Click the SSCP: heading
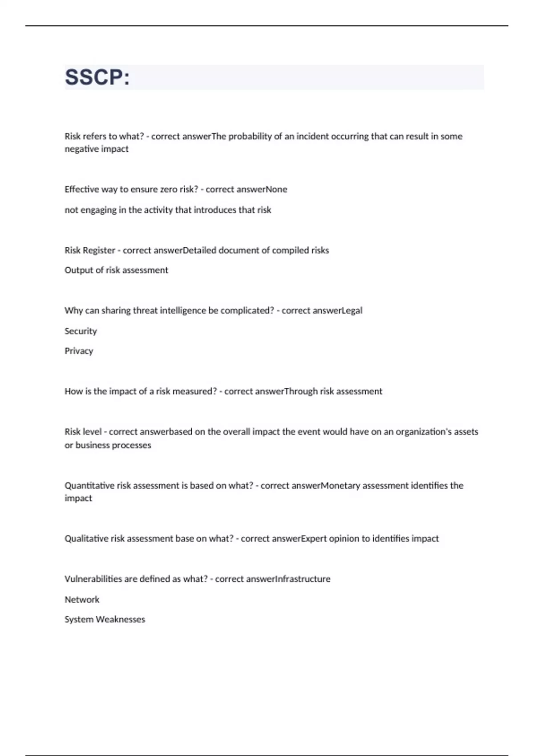[97, 77]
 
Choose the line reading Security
[81, 331]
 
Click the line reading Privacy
[79, 351]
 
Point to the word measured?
[194, 391]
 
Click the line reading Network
[82, 600]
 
